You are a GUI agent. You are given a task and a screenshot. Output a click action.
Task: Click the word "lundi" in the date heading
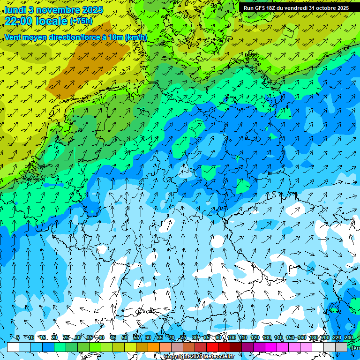click(x=15, y=9)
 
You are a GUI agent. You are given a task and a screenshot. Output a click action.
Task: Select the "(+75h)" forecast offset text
click(x=81, y=21)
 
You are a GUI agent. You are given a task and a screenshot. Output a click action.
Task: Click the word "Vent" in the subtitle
click(x=13, y=37)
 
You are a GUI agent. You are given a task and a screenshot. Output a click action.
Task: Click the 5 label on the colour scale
click(x=17, y=338)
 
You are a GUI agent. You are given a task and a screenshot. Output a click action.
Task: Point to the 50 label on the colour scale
click(x=124, y=338)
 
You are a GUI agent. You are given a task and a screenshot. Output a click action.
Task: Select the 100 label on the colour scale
click(x=232, y=338)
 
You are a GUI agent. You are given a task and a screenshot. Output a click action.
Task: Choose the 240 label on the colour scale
click(x=348, y=338)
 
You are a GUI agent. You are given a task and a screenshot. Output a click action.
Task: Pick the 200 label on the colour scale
click(x=325, y=338)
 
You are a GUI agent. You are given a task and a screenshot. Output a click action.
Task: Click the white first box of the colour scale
click(x=13, y=347)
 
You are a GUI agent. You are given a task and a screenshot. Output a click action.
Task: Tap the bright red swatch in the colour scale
click(x=212, y=347)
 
